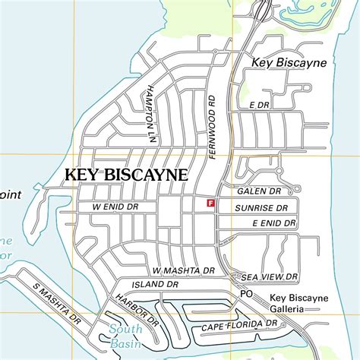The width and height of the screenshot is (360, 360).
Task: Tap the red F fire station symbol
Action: click(210, 204)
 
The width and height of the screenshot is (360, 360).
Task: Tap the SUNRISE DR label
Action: click(261, 207)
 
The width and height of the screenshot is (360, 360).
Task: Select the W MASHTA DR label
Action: click(184, 270)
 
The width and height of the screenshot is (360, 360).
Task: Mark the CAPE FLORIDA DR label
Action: click(236, 326)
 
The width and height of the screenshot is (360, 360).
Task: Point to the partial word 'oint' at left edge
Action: click(11, 195)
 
